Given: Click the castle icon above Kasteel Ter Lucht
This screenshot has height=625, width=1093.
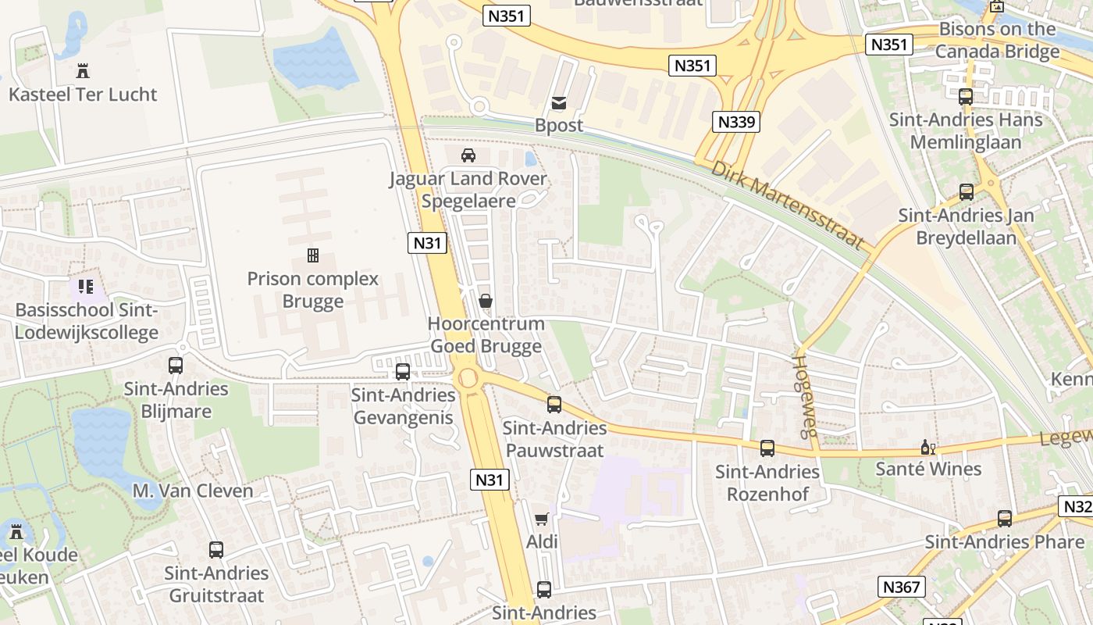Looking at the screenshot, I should (83, 71).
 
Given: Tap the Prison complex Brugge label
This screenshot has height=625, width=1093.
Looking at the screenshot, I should (312, 290).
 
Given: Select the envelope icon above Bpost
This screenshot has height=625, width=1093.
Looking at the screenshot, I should (559, 102).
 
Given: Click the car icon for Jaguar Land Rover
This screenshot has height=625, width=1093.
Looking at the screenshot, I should (468, 155).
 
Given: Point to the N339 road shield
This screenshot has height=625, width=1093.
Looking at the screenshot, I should (736, 122).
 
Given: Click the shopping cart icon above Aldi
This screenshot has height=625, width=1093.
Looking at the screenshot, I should (541, 519).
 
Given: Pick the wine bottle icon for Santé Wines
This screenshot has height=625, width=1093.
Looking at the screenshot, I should (927, 448).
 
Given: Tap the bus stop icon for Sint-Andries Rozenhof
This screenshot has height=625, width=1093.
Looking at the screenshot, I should (767, 448).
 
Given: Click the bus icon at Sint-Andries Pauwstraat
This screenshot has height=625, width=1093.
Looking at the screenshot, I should (554, 405).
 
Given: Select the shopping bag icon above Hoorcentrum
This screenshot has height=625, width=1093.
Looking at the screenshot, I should (486, 301).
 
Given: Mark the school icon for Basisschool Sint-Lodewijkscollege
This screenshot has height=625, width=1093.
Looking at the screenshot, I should (86, 287).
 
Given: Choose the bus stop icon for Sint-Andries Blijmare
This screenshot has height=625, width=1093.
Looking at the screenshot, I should (176, 365).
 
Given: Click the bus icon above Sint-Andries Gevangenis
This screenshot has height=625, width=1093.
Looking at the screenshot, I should (403, 372).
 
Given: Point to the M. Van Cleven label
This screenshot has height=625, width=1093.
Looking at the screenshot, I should (193, 491).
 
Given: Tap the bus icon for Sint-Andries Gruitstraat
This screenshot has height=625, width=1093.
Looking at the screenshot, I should (216, 550).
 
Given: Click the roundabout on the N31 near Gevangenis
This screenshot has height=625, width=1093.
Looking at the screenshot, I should (468, 378).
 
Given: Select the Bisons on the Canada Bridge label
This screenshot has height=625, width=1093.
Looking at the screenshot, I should (997, 41).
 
